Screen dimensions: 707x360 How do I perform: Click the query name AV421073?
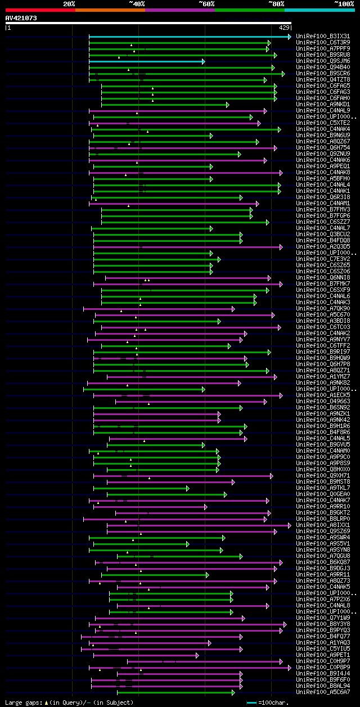[21, 19]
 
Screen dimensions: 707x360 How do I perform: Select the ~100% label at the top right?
[344, 3]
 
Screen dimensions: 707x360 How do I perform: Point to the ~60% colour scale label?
[206, 3]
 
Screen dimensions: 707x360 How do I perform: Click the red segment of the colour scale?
[40, 10]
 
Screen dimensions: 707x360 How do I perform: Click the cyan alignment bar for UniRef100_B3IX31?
[189, 37]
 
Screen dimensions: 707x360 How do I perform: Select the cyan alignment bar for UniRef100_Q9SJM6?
[146, 61]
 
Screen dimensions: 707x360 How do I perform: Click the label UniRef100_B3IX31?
[323, 37]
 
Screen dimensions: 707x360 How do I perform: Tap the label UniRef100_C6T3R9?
[323, 43]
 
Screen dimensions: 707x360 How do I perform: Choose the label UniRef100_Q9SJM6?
[323, 61]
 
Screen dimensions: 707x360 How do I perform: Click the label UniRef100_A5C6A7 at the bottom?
[323, 692]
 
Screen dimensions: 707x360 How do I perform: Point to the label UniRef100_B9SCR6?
[323, 74]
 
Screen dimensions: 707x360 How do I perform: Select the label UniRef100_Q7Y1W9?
[323, 618]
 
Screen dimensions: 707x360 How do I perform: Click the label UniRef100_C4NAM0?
[323, 451]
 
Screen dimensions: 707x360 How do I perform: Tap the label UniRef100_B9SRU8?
[323, 55]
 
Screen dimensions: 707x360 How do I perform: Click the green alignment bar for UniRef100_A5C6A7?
[174, 692]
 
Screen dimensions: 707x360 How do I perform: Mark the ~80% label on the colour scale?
[276, 3]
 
